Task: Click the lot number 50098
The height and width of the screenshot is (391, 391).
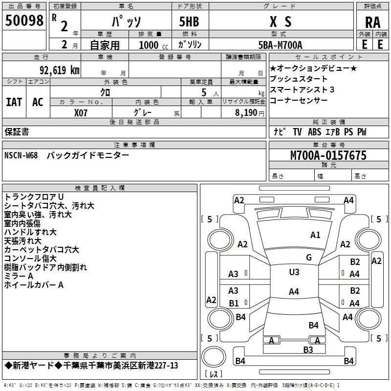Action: [x=24, y=21]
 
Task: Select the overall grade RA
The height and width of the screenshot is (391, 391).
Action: [x=372, y=22]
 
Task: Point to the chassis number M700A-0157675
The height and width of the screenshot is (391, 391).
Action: [x=328, y=155]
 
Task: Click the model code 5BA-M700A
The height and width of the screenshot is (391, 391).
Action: [x=280, y=45]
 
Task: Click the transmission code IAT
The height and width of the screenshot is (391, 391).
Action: [x=14, y=102]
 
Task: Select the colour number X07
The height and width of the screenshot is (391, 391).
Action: [x=81, y=112]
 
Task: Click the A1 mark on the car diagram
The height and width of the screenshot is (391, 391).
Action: [x=315, y=235]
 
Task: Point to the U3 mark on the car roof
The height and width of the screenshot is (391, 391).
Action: [x=294, y=272]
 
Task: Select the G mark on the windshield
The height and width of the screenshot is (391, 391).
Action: [x=308, y=257]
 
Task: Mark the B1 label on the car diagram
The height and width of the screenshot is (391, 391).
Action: [x=234, y=303]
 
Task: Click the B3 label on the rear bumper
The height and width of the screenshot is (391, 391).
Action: [x=308, y=349]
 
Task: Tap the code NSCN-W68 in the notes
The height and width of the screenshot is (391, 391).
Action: [x=23, y=155]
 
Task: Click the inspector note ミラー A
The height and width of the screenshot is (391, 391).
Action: [x=19, y=276]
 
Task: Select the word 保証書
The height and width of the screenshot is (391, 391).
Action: [x=17, y=131]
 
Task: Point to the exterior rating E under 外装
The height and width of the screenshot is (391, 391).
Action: [x=364, y=44]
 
